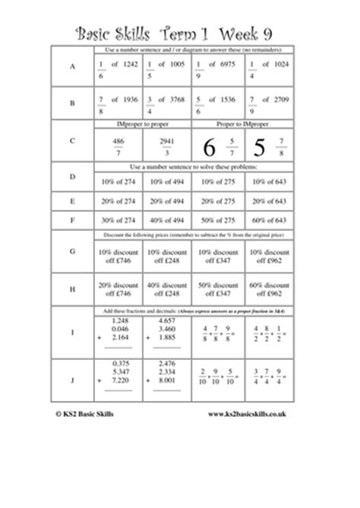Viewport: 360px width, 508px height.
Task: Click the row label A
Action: coord(72,67)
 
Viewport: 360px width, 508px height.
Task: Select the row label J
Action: coord(72,377)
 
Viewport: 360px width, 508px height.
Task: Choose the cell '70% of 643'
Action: coord(267,220)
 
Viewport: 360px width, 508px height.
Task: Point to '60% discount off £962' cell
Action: coord(267,292)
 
